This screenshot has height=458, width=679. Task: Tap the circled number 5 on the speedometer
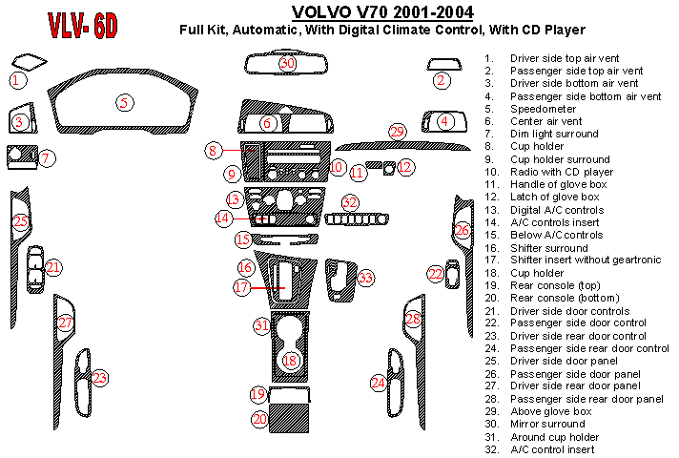click(x=124, y=102)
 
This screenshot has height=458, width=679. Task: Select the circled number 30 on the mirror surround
click(x=287, y=63)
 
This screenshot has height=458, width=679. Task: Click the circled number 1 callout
click(x=17, y=80)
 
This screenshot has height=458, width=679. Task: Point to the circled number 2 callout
click(x=441, y=80)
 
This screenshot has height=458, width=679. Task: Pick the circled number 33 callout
click(x=366, y=278)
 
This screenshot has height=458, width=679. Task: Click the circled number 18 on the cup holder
click(x=291, y=360)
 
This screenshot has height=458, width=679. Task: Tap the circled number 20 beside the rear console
click(x=258, y=418)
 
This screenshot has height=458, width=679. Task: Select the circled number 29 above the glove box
click(x=398, y=132)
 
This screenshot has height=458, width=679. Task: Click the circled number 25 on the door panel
click(x=21, y=221)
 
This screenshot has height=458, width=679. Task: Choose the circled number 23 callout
click(x=99, y=378)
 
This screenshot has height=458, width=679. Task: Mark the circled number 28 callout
click(x=413, y=319)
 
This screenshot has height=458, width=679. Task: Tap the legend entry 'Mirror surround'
click(x=548, y=424)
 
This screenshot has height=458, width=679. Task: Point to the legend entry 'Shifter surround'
click(x=547, y=247)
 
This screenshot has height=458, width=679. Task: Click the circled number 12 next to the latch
click(x=405, y=168)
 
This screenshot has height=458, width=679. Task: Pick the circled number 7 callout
click(x=46, y=156)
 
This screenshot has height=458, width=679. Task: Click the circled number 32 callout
click(x=351, y=202)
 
